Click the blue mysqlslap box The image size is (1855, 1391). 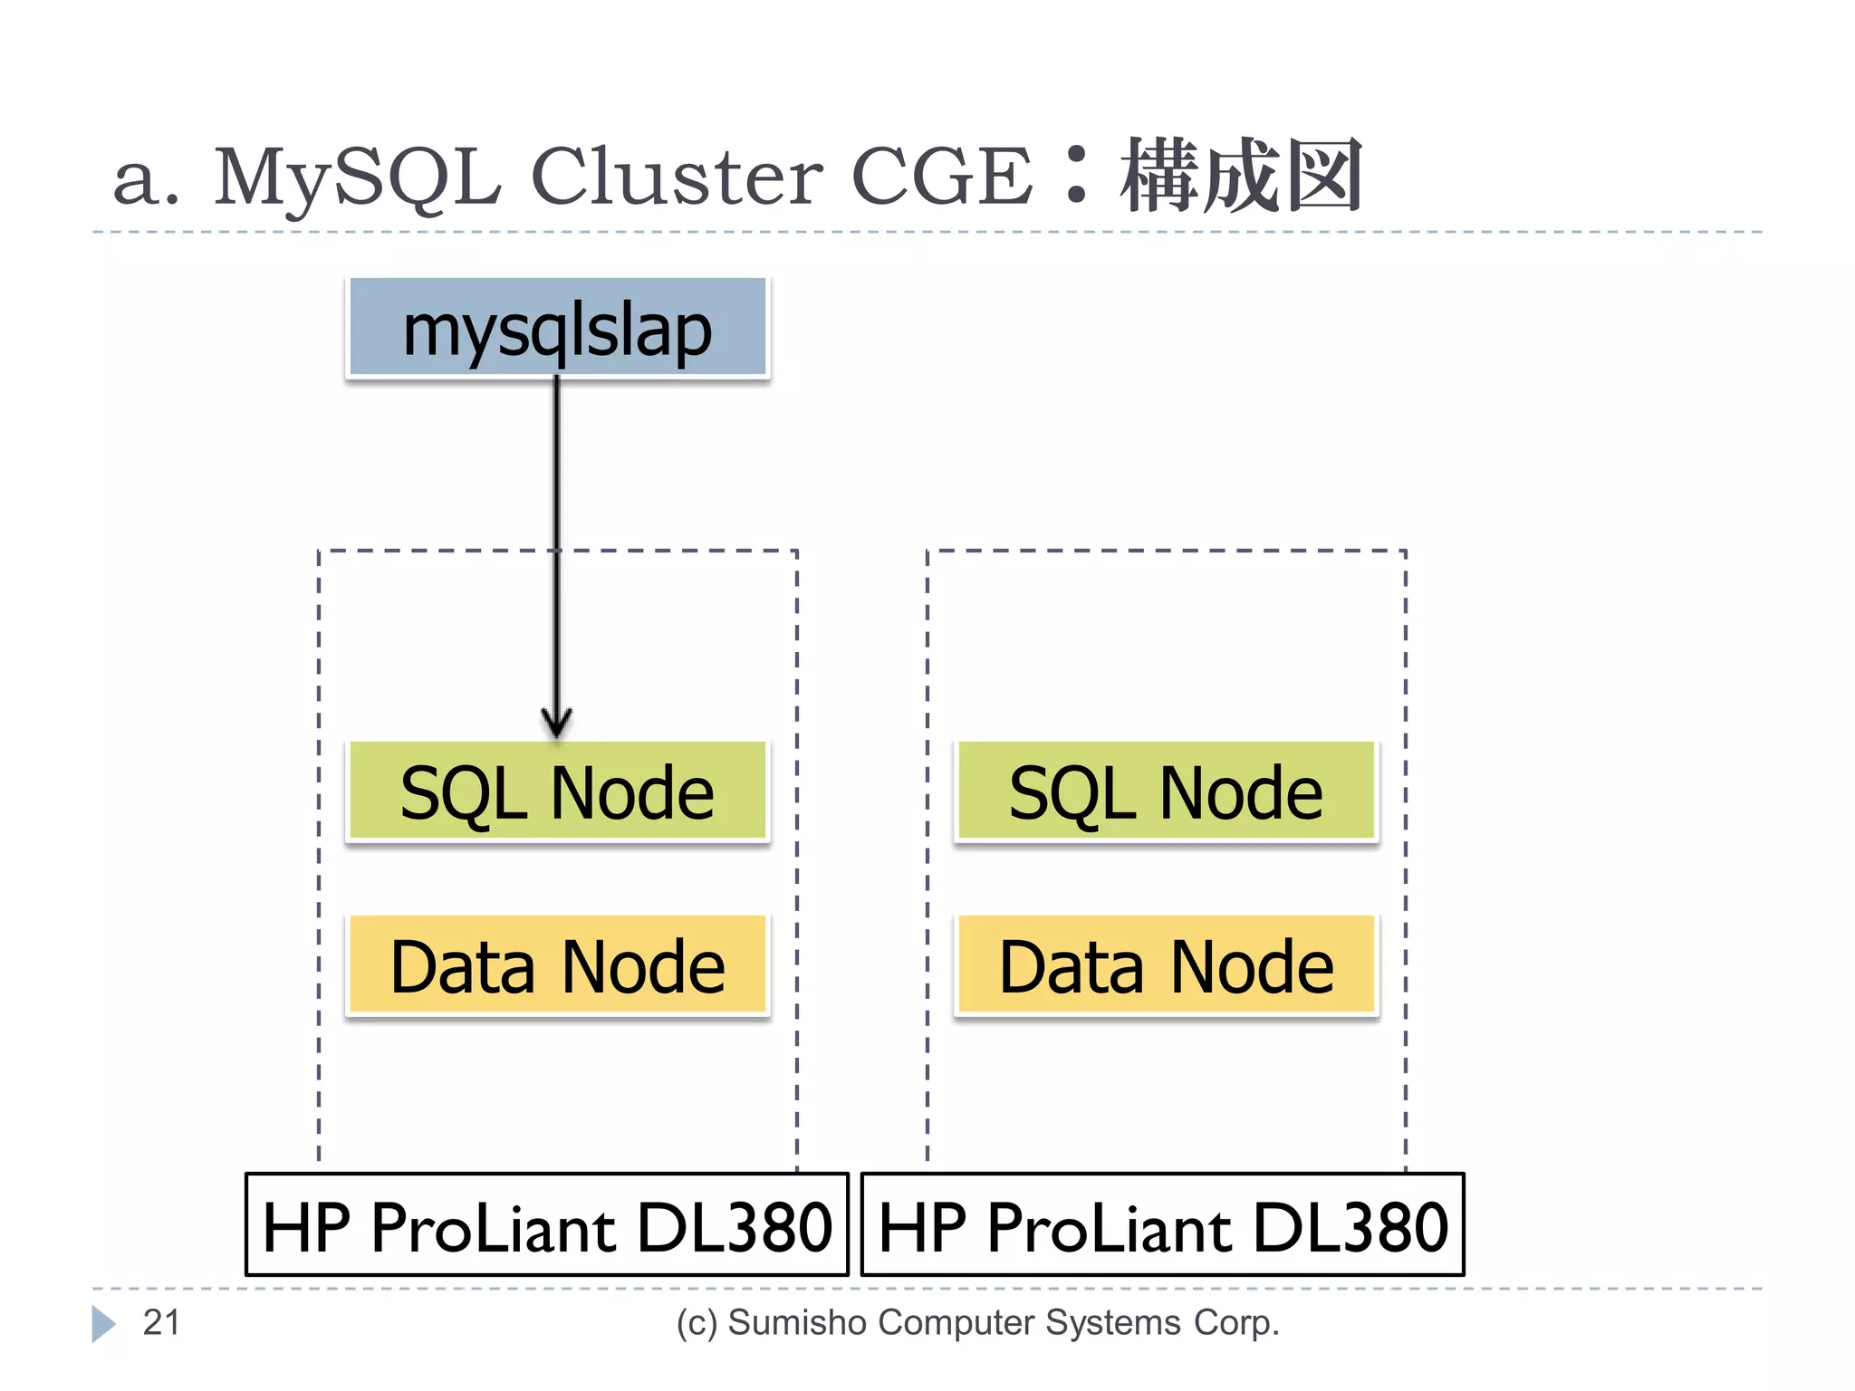tap(557, 328)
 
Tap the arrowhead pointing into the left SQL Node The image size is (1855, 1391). tap(556, 724)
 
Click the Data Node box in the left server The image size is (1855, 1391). tap(557, 965)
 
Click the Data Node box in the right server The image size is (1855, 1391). tap(1166, 965)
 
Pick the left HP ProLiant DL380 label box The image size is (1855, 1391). tap(547, 1225)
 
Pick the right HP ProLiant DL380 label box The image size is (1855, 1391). tap(1162, 1225)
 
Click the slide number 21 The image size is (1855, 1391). tap(161, 1323)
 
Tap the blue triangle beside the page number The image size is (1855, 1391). tap(102, 1324)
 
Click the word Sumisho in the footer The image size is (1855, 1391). tap(797, 1323)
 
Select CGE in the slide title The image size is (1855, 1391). tap(941, 177)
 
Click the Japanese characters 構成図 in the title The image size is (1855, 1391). tap(1241, 177)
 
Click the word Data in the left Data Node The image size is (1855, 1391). tap(462, 967)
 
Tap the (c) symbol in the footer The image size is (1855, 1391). tap(697, 1324)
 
